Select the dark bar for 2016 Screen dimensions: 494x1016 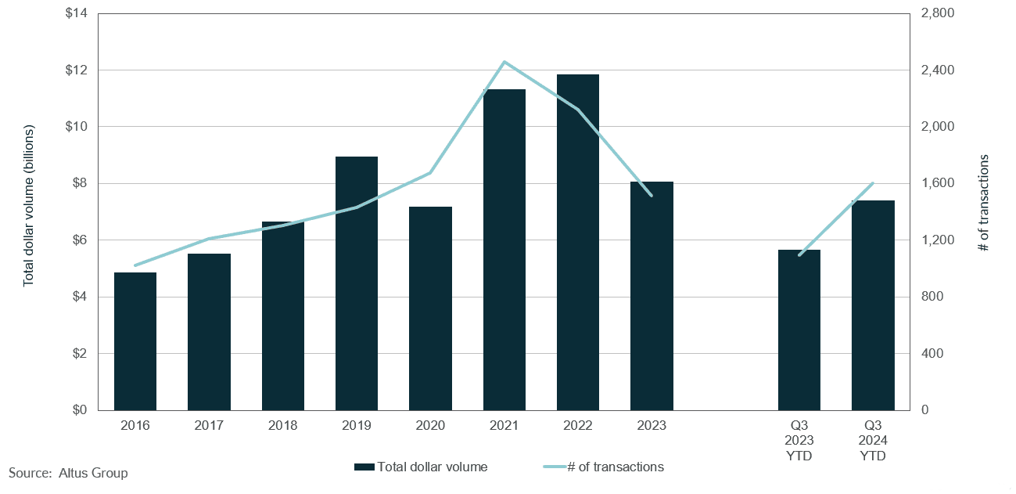tap(135, 341)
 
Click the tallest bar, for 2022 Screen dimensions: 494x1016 tap(578, 243)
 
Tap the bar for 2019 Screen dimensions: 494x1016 tap(357, 283)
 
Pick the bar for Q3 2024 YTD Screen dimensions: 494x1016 tap(873, 305)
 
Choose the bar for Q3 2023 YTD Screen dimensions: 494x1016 tap(799, 330)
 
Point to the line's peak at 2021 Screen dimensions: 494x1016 tap(504, 62)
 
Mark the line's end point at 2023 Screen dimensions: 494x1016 tap(652, 195)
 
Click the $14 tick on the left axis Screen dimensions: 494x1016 tap(77, 14)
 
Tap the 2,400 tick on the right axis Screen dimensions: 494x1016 tap(938, 70)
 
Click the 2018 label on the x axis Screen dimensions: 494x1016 tap(283, 425)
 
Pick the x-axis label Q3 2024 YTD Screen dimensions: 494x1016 tap(873, 440)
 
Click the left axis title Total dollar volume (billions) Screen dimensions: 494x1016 tap(29, 205)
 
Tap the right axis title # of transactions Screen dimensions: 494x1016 tap(984, 202)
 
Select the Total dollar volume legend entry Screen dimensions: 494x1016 tap(422, 467)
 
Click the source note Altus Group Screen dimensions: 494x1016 tap(68, 473)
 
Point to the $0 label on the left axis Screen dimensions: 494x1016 tap(80, 409)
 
